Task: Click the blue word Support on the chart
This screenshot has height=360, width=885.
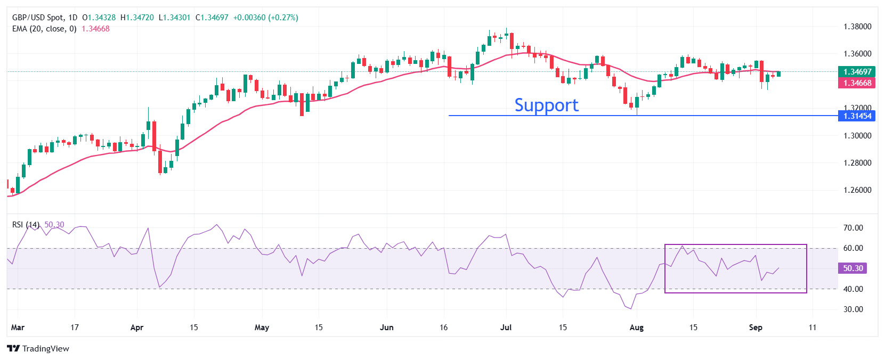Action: [x=546, y=105]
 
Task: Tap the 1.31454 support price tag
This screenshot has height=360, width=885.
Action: [x=857, y=116]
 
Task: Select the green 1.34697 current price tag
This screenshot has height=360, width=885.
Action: [x=857, y=71]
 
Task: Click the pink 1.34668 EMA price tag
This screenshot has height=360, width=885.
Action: [x=857, y=83]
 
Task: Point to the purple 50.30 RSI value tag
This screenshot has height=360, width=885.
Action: [x=852, y=268]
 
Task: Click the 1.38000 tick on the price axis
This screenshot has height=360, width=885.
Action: [x=857, y=27]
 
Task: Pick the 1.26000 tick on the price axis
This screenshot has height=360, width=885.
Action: [x=857, y=190]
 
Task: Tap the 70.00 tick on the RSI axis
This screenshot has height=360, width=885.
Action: [x=853, y=228]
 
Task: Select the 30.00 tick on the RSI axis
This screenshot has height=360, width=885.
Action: [x=853, y=309]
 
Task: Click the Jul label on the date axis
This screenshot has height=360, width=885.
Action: [x=506, y=328]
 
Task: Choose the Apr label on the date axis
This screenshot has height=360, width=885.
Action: [x=137, y=328]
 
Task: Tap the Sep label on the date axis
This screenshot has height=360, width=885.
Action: [x=756, y=328]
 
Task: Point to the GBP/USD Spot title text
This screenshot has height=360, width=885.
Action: [x=37, y=18]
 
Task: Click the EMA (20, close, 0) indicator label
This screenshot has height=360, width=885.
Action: [x=44, y=29]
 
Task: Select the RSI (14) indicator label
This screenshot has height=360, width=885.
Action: [x=26, y=225]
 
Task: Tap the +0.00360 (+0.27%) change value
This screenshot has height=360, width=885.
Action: [x=265, y=18]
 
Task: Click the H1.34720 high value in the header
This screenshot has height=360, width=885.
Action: [x=137, y=18]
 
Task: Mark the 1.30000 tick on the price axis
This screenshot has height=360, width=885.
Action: [x=857, y=136]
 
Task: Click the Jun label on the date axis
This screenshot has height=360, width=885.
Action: [x=387, y=328]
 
